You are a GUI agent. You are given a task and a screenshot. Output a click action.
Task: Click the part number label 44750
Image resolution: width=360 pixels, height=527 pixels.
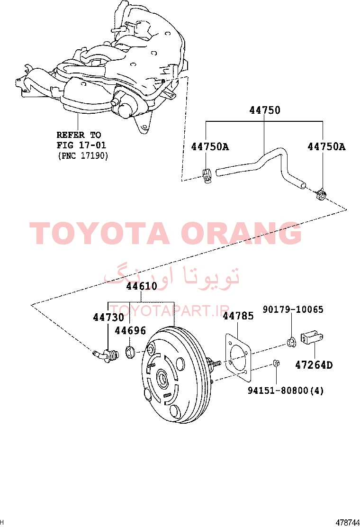coord(265,110)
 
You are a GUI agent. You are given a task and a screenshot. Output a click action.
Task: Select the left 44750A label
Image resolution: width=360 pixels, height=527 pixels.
coord(210,146)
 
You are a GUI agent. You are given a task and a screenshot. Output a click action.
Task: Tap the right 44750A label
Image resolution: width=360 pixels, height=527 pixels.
coord(326,146)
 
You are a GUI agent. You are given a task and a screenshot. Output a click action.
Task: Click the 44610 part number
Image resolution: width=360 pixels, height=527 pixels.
coord(141,286)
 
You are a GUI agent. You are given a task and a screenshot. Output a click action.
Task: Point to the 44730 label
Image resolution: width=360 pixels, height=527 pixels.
coord(108,317)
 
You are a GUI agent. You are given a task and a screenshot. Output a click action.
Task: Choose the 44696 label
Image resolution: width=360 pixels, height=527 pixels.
coord(130,331)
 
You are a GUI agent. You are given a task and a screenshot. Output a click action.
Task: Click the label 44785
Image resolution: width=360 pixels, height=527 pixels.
coord(238,316)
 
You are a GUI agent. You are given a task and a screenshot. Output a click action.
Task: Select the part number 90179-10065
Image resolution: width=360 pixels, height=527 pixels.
coord(293,309)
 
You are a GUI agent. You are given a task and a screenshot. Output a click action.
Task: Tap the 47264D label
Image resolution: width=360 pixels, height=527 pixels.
coord(314,364)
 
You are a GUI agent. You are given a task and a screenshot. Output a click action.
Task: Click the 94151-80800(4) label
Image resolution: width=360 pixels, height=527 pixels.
coord(286,390)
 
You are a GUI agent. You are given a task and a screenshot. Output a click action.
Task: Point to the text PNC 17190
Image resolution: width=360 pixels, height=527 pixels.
coord(83,155)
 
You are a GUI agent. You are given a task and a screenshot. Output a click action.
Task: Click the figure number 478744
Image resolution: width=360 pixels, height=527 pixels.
coord(348,522)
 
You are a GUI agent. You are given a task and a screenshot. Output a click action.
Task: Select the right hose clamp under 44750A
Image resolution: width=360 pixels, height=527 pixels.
coord(321,195)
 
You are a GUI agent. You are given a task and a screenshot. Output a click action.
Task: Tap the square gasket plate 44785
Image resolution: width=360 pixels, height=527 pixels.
coord(237,358)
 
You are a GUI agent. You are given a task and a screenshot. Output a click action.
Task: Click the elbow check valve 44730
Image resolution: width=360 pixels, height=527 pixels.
coord(106,355)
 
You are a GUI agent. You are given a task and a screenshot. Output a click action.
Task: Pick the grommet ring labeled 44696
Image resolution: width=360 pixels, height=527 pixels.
coord(130,352)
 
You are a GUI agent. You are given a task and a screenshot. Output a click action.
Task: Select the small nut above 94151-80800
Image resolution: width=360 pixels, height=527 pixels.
coord(276,363)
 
